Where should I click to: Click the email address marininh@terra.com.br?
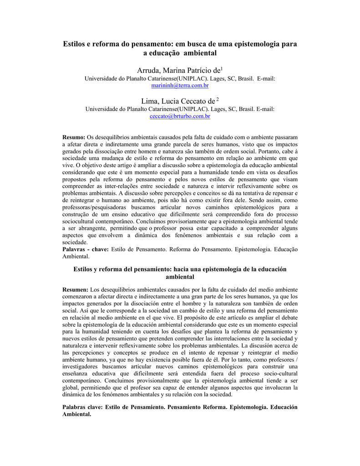pyautogui.click(x=180, y=86)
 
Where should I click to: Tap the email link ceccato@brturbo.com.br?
pyautogui.click(x=180, y=116)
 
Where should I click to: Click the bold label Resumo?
pyautogui.click(x=74, y=137)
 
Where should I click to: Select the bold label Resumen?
pyautogui.click(x=76, y=289)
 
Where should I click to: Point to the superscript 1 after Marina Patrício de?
pyautogui.click(x=221, y=69)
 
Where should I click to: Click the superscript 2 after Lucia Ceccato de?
pyautogui.click(x=218, y=99)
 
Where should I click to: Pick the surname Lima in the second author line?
pyautogui.click(x=150, y=101)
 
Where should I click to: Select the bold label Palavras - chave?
pyautogui.click(x=85, y=249)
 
